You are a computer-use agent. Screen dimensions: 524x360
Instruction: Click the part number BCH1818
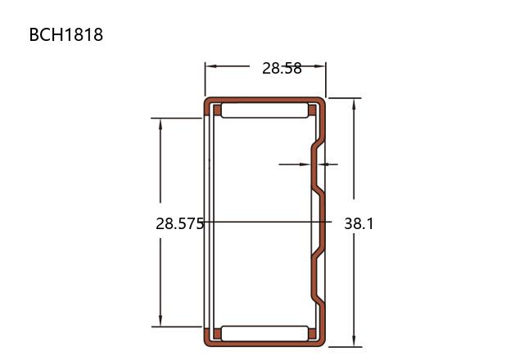point(66,34)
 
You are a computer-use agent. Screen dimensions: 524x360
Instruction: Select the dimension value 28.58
point(282,69)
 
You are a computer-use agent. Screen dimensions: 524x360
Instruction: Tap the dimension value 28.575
point(180,223)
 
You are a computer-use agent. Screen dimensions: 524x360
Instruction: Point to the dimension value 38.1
point(359,223)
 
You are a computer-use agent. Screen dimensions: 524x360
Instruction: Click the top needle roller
point(264,110)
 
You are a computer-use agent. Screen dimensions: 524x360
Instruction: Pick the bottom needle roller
point(264,334)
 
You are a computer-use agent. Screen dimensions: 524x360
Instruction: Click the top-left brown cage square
point(217,110)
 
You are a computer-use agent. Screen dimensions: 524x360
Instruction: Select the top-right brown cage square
point(312,110)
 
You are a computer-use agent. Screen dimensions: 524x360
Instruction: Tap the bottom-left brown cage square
point(217,334)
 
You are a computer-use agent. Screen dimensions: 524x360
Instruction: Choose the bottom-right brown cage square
point(312,334)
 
